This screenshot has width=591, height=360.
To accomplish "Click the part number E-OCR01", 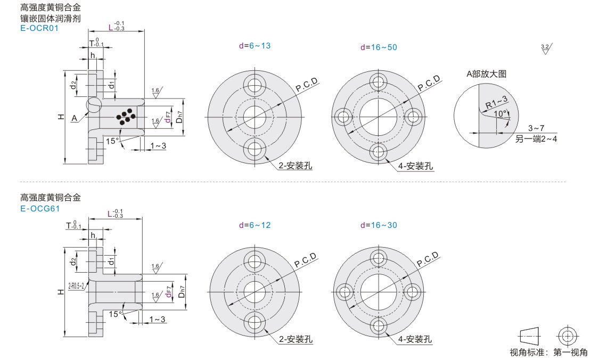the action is pyautogui.click(x=39, y=28).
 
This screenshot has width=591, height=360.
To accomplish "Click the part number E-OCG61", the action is pyautogui.click(x=40, y=208).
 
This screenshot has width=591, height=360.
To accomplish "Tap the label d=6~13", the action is pyautogui.click(x=255, y=46).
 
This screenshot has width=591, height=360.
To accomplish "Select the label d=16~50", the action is pyautogui.click(x=379, y=47).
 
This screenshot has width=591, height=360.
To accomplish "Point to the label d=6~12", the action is pyautogui.click(x=255, y=225).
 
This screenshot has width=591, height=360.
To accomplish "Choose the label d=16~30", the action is pyautogui.click(x=379, y=225).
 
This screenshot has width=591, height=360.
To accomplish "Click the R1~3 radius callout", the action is pyautogui.click(x=496, y=102).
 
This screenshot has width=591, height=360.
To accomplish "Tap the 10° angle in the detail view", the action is pyautogui.click(x=500, y=113).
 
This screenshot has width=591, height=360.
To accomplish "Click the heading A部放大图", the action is pyautogui.click(x=486, y=74).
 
